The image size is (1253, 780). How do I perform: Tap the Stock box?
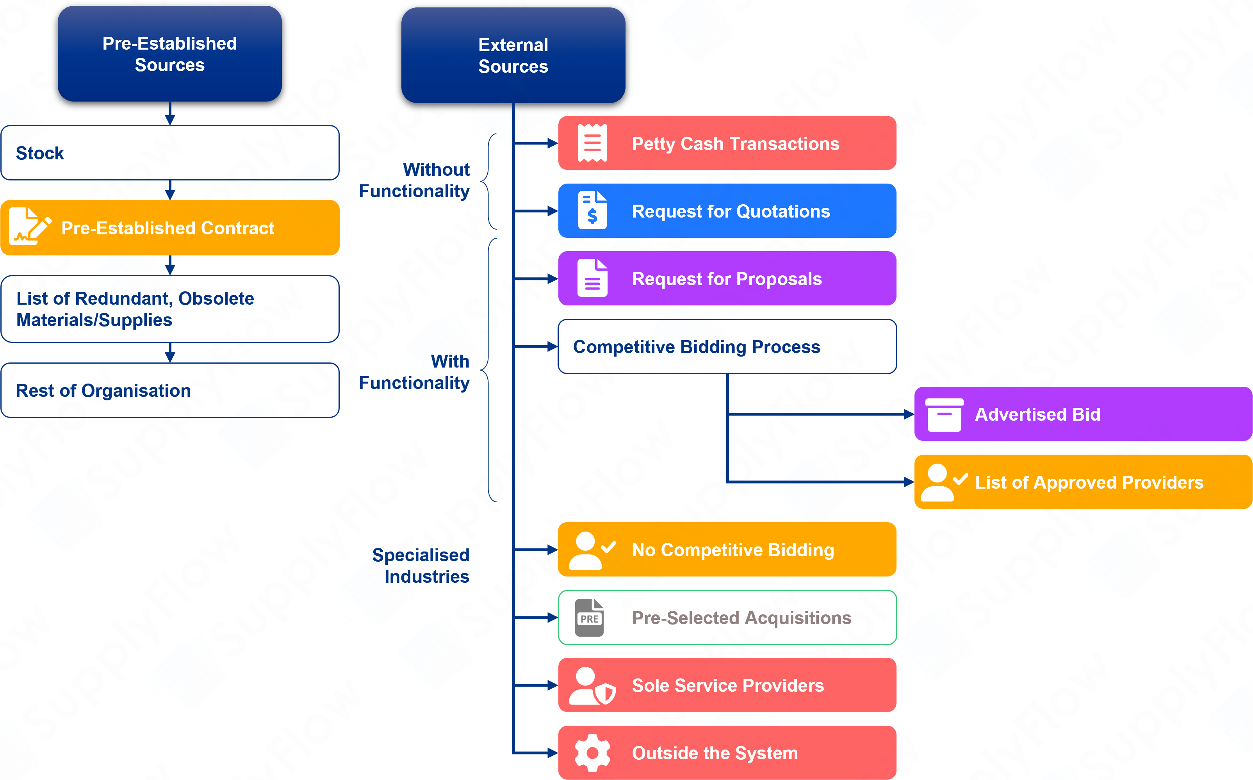pos(169,153)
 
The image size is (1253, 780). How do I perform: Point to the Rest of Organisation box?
pos(169,391)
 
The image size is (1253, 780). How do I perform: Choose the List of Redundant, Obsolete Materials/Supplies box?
pos(169,309)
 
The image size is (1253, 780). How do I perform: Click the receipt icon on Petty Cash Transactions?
pos(592,143)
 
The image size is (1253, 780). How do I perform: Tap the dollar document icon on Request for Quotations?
pos(592,211)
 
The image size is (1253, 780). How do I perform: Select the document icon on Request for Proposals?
pos(592,278)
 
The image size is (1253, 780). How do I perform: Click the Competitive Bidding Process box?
pos(727,347)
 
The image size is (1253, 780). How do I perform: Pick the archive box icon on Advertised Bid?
pos(944,414)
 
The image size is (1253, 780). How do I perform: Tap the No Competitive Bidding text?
pos(733,550)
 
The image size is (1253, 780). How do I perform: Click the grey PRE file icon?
pos(589,618)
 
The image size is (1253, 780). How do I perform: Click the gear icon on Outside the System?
pos(592,753)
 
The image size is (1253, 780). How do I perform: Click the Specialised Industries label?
pos(421,566)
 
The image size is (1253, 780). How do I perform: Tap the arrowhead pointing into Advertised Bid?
pos(909,414)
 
